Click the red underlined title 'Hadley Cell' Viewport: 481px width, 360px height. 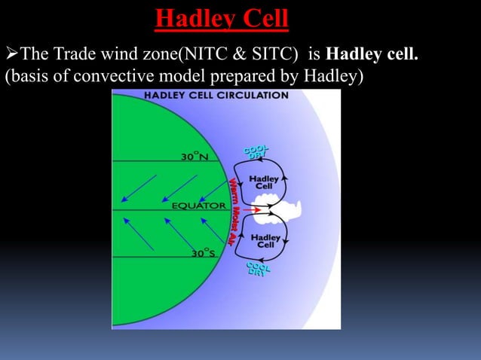[x=222, y=19]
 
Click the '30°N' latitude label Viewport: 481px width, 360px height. [x=195, y=157]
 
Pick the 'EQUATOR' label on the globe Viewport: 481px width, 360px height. [x=198, y=205]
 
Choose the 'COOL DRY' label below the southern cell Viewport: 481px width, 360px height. [x=258, y=269]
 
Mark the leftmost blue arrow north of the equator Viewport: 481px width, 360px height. [x=137, y=189]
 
